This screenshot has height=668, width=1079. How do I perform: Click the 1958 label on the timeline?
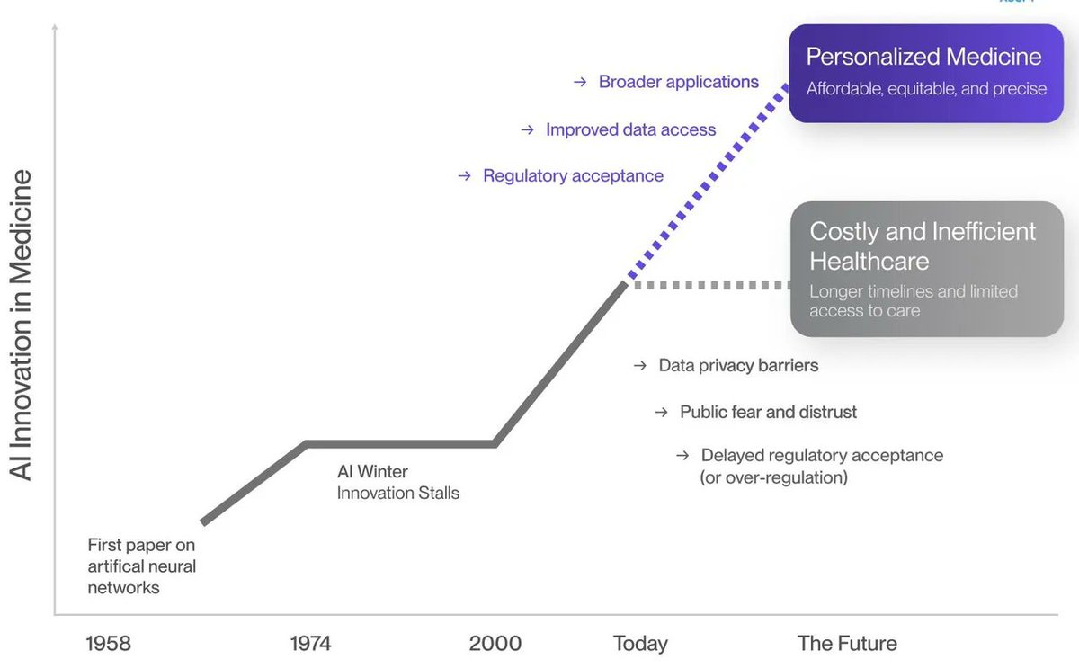pos(108,644)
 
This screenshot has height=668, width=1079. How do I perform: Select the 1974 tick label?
pos(310,644)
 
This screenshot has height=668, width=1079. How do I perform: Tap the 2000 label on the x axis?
pos(495,644)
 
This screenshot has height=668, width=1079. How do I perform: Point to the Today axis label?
pos(640,644)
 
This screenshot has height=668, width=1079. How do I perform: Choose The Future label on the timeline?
pos(847,644)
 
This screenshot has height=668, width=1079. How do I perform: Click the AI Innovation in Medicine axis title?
pos(21,325)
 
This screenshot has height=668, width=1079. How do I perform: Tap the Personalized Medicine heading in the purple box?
pos(923,57)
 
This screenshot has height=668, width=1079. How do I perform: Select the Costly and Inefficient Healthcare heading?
pos(923,245)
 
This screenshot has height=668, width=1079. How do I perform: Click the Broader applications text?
pos(679,82)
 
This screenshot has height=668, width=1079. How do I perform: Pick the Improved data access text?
pos(630,129)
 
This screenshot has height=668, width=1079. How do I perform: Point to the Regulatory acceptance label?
pos(573,176)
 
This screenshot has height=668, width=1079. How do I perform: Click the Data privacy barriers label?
pos(738,366)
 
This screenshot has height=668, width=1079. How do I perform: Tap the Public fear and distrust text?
pos(768,412)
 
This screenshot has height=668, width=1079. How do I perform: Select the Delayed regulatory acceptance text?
pos(822,456)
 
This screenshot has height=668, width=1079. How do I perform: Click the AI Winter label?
pos(372,471)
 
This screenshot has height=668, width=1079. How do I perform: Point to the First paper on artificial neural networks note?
pos(141,566)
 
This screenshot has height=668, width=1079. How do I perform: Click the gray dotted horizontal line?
pos(710,285)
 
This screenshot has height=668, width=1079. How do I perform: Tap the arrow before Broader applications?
pos(580,83)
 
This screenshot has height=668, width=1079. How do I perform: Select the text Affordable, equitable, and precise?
pos(926,89)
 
